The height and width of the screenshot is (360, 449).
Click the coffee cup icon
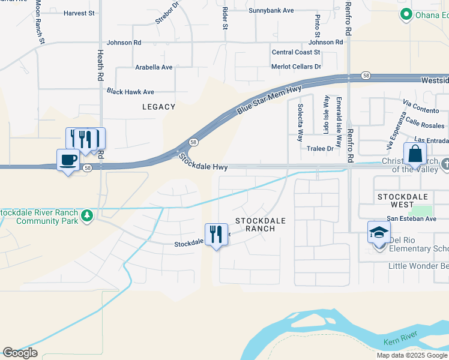68,160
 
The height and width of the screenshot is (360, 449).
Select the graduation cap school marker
379,232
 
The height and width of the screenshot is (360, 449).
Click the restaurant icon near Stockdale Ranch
216,235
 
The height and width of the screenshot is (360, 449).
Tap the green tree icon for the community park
87,215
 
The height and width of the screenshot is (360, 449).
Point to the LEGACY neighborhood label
158,107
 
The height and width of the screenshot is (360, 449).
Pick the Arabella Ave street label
154,67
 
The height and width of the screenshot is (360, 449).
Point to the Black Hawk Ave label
130,92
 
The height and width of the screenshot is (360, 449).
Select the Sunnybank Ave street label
271,10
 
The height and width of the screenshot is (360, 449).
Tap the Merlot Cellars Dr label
296,67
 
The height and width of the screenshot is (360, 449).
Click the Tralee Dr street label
320,148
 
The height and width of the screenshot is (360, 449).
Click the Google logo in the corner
20,352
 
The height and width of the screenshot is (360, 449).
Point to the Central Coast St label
296,53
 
